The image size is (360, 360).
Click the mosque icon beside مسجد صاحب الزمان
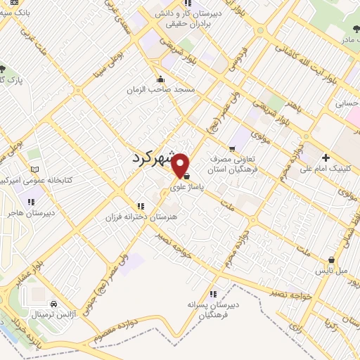161,79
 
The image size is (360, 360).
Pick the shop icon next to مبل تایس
331,259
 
